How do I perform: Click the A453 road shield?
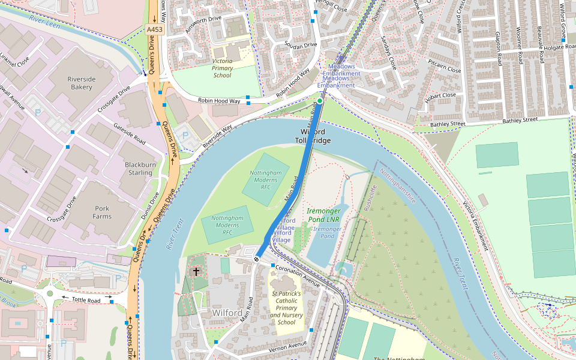tap(154, 29)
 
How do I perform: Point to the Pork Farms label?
tap(102, 212)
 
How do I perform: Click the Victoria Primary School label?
tap(222, 68)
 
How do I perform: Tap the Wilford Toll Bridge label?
tap(313, 136)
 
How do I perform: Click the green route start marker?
tap(320, 101)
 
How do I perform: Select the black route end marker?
tap(257, 259)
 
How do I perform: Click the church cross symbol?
tap(196, 272)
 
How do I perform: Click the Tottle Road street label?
tap(86, 299)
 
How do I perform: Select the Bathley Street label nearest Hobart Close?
tap(448, 124)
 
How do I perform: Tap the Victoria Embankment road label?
tap(475, 225)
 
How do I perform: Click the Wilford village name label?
tap(227, 313)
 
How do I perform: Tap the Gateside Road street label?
tap(130, 133)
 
